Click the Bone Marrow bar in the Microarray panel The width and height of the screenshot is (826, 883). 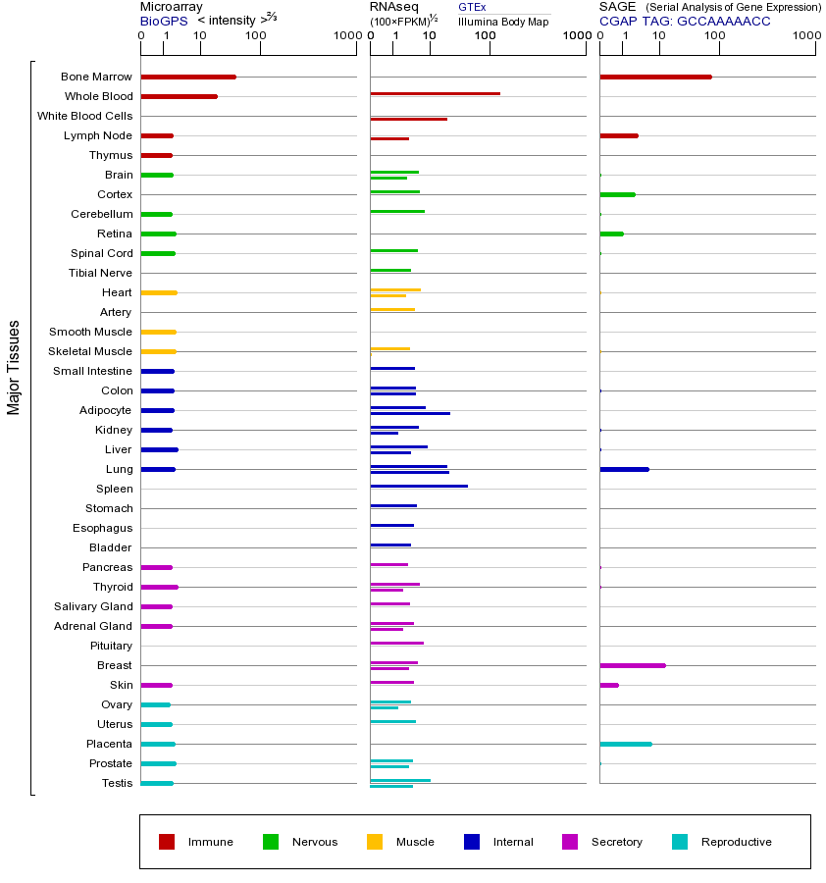[x=188, y=77]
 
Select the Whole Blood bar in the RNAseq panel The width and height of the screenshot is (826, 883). [x=435, y=93]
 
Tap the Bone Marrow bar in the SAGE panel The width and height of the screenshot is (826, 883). [x=655, y=77]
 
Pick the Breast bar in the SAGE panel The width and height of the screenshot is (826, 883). [x=633, y=665]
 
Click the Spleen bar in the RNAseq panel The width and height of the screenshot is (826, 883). [x=419, y=486]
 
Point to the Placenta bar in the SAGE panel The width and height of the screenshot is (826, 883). [x=626, y=744]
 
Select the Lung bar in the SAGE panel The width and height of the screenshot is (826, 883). [x=624, y=469]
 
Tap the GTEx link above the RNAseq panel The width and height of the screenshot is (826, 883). [x=472, y=7]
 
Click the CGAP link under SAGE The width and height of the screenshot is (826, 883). [x=618, y=21]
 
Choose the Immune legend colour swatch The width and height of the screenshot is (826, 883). [x=167, y=842]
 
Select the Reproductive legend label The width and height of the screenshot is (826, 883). [x=737, y=842]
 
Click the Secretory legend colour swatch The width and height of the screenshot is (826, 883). [x=570, y=842]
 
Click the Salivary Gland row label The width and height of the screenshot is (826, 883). [x=94, y=606]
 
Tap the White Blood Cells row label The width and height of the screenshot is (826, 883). [x=84, y=116]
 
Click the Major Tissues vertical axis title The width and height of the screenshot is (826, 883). [x=14, y=367]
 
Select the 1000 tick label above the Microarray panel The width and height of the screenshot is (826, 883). [x=345, y=36]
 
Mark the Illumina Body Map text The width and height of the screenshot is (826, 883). [x=503, y=21]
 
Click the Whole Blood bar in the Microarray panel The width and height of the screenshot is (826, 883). [x=179, y=96]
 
